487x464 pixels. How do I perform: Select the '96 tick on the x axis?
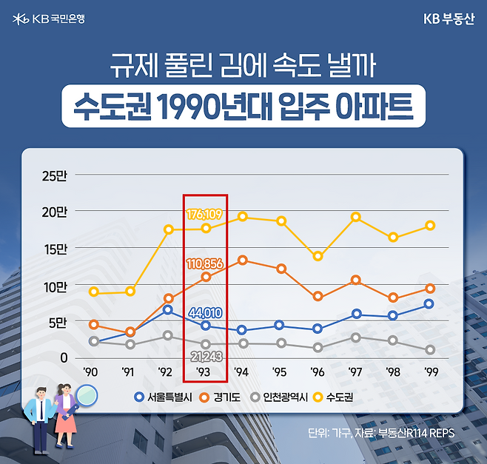pyautogui.click(x=318, y=371)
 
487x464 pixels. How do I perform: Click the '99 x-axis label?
pyautogui.click(x=430, y=371)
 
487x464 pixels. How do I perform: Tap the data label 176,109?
pyautogui.click(x=205, y=215)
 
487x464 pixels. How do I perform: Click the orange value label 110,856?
pyautogui.click(x=205, y=263)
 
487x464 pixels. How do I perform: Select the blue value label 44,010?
pyautogui.click(x=205, y=312)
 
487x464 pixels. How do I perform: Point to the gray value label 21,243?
pyautogui.click(x=205, y=357)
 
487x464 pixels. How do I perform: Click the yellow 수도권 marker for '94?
pyautogui.click(x=242, y=217)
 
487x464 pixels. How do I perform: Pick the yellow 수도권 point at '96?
pyautogui.click(x=318, y=256)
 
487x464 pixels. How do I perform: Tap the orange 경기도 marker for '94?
pyautogui.click(x=242, y=260)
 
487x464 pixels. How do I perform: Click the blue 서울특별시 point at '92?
pyautogui.click(x=167, y=309)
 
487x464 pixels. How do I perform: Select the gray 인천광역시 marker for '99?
pyautogui.click(x=430, y=349)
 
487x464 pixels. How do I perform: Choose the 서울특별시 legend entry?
pyautogui.click(x=164, y=397)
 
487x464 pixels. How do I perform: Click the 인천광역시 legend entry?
pyautogui.click(x=281, y=397)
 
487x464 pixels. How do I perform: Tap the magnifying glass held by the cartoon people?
pyautogui.click(x=87, y=396)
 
